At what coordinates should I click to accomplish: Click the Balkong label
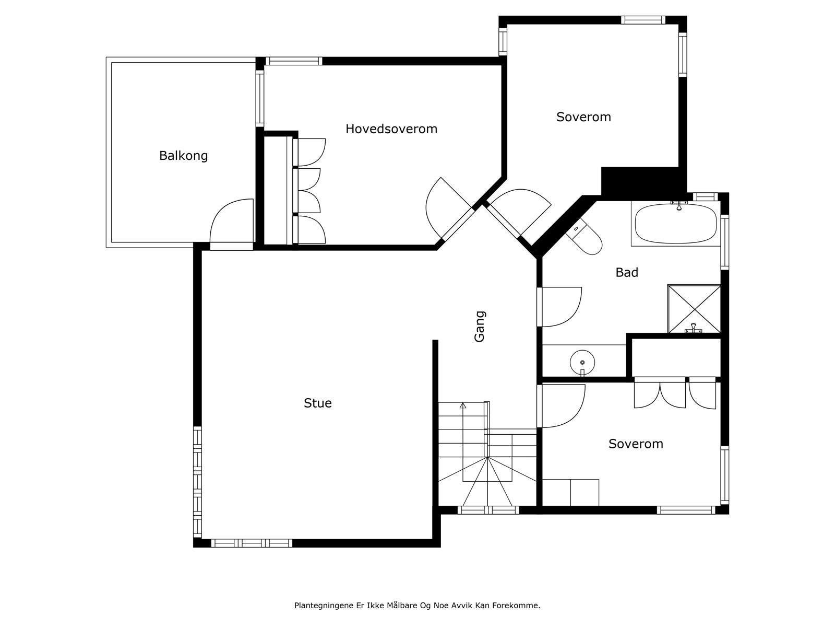point(183,156)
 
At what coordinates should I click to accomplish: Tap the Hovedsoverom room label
point(391,129)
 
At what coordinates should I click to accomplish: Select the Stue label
point(317,403)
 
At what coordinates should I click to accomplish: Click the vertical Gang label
point(480,327)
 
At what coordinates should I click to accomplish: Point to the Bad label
point(627,272)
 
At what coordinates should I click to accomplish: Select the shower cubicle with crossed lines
point(694,308)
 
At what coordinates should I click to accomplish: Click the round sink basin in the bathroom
point(582,361)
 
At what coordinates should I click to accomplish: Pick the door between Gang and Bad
point(561,307)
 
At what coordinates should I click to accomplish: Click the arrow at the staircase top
point(462,405)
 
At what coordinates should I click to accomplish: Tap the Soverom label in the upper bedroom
point(583,117)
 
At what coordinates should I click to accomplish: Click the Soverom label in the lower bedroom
point(636,444)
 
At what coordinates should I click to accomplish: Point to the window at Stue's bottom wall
point(251,543)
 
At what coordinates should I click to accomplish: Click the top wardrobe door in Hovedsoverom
point(311,152)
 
